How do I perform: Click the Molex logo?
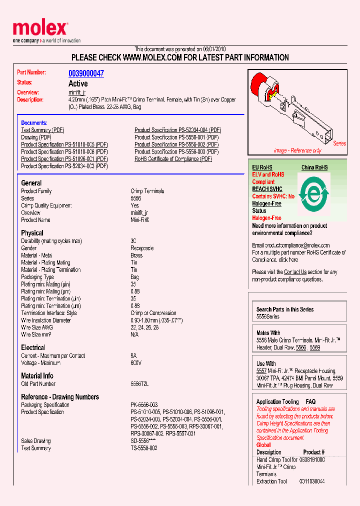40,30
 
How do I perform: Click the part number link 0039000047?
86,73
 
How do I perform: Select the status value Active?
78,83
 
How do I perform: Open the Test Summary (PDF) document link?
43,130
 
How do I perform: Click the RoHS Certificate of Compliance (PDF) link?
173,159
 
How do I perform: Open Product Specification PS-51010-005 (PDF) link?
64,144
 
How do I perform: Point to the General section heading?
31,183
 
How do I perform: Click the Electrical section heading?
33,347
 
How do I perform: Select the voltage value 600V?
136,363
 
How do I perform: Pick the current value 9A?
133,356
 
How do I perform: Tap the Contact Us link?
295,272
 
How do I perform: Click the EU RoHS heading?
262,167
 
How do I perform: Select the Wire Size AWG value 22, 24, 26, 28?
144,327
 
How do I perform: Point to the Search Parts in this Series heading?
285,309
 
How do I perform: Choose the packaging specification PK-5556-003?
144,405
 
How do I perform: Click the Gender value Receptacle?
142,248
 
